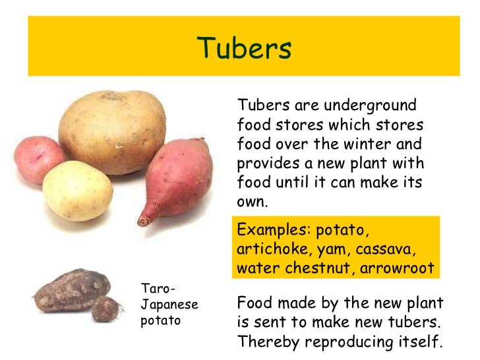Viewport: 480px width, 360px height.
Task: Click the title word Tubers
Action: tap(245, 48)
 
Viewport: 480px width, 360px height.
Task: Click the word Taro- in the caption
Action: tap(158, 288)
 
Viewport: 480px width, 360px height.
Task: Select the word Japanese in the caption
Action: tap(169, 306)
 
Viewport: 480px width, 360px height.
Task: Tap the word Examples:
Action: tap(274, 231)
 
